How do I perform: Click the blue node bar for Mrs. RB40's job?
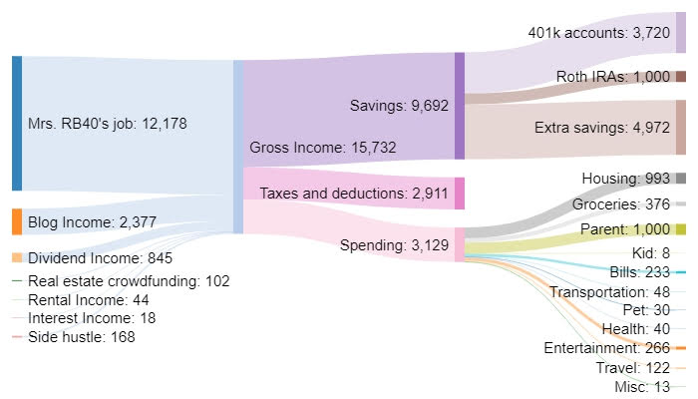(x=17, y=123)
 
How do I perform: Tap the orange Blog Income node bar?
(x=17, y=221)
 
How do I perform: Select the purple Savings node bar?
(x=459, y=106)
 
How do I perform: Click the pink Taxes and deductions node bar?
(x=459, y=193)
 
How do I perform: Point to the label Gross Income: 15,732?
(x=311, y=147)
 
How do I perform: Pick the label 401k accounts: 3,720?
(x=599, y=32)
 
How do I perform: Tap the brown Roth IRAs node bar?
(x=680, y=77)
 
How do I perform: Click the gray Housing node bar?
(x=680, y=178)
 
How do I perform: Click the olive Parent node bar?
(x=680, y=229)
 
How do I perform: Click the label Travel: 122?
(x=633, y=368)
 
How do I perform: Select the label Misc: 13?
(x=641, y=387)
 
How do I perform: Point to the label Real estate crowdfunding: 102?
(x=129, y=281)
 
